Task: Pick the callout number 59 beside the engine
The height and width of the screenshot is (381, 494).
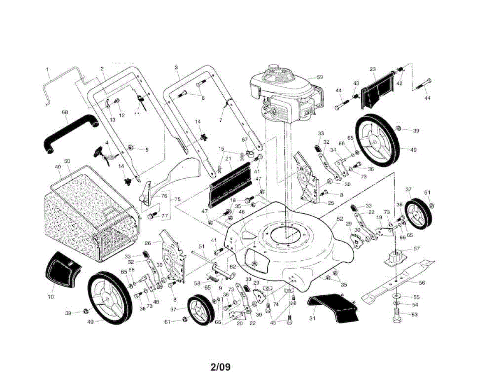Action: pyautogui.click(x=320, y=77)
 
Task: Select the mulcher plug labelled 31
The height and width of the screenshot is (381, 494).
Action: pyautogui.click(x=333, y=309)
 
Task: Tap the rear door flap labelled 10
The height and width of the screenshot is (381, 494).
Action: pyautogui.click(x=62, y=270)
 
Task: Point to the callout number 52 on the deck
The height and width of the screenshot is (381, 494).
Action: pyautogui.click(x=340, y=220)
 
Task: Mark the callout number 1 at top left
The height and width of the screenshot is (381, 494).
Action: pyautogui.click(x=47, y=68)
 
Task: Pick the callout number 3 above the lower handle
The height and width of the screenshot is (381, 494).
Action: pyautogui.click(x=176, y=67)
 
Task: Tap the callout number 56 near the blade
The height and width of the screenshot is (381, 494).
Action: pyautogui.click(x=422, y=283)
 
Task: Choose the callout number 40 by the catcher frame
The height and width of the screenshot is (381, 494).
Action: pyautogui.click(x=58, y=167)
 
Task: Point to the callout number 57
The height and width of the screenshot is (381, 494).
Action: pyautogui.click(x=416, y=249)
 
